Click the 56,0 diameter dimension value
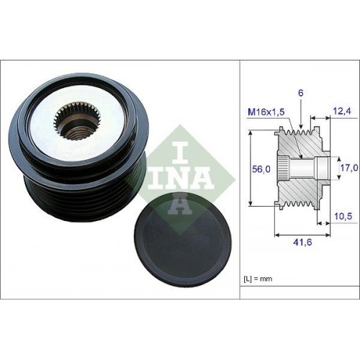(261, 169)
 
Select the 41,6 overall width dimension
(302, 242)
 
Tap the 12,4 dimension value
(343, 111)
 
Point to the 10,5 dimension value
(343, 216)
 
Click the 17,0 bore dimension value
(349, 167)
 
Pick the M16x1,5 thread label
(266, 112)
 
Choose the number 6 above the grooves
(301, 93)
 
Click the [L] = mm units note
(258, 279)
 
